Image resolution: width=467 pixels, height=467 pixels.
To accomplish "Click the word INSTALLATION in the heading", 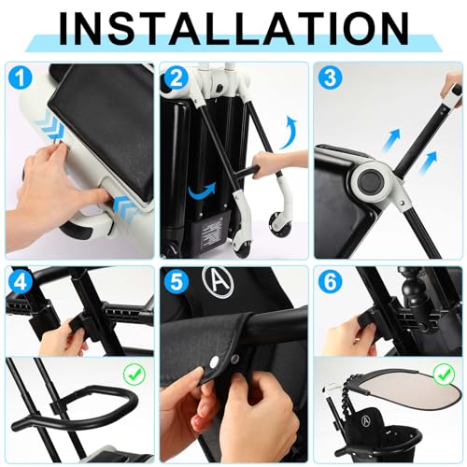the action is (233, 29).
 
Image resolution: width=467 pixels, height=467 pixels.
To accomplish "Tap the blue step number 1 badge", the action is (21, 78).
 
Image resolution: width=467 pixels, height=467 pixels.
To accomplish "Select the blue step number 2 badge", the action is (176, 78).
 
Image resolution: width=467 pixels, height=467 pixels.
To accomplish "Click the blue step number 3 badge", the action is (331, 78).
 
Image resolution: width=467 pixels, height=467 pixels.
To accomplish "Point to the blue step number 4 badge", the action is (21, 282).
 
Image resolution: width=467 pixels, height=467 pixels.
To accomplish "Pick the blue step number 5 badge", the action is (176, 282).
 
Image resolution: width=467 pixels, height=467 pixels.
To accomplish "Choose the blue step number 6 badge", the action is (331, 282).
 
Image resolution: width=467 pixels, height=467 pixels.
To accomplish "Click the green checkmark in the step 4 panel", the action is (134, 375).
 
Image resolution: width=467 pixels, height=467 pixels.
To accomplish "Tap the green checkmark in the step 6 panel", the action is (444, 375).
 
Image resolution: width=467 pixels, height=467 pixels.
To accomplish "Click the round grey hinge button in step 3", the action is (370, 182).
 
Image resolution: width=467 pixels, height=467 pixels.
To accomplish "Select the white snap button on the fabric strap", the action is (214, 361).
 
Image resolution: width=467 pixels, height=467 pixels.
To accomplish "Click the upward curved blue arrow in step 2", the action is (288, 133).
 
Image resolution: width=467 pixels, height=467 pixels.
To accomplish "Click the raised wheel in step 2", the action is (280, 223).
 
